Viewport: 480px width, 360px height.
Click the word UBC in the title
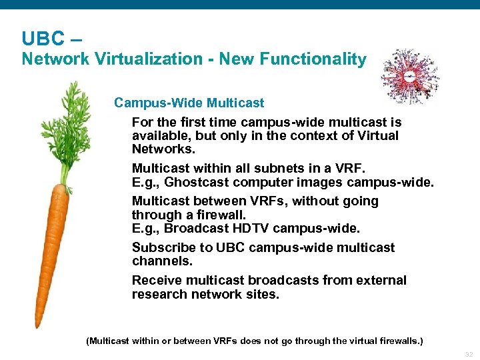[41, 38]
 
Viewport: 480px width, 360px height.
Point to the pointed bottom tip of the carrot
[39, 323]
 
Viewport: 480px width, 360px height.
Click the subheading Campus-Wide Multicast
[189, 103]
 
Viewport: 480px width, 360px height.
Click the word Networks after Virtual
[163, 149]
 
